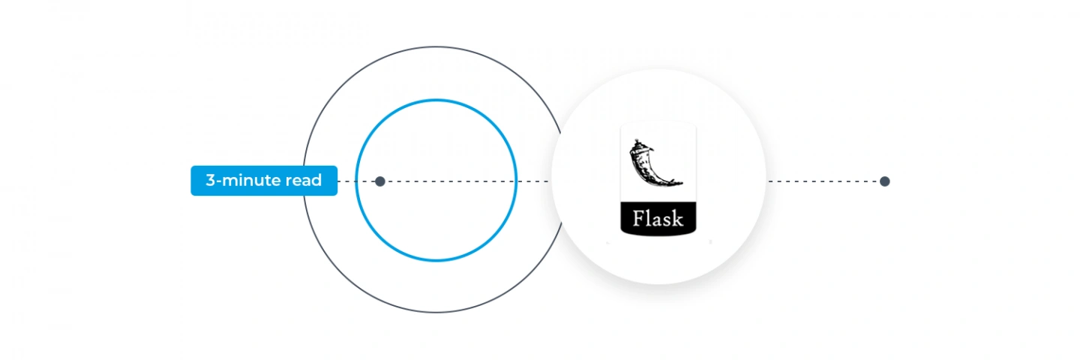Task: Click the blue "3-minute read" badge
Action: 264,181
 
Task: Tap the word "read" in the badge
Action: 304,180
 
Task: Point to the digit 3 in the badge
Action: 210,180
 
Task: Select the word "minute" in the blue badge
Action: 250,180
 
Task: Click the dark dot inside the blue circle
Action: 380,181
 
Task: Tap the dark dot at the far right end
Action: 885,181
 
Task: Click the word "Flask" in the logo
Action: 658,219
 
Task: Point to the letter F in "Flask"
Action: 639,218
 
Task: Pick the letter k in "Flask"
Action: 678,218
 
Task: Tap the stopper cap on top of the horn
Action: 637,143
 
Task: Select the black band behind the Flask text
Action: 658,219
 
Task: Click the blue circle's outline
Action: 436,100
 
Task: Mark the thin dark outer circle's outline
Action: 436,47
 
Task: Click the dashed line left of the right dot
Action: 824,181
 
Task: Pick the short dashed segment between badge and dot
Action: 355,181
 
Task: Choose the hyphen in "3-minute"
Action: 218,181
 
